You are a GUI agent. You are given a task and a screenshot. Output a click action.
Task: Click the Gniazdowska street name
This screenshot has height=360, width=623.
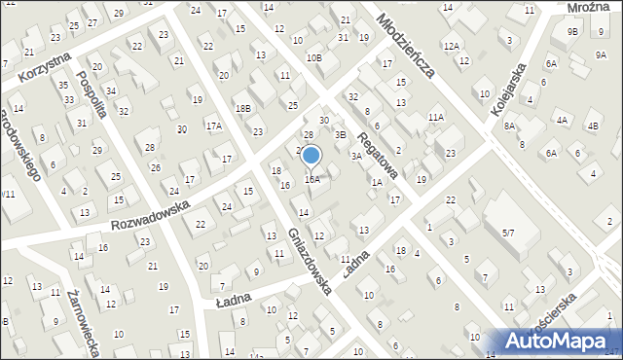[311, 259]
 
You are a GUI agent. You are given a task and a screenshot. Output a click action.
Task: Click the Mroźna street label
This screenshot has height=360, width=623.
[589, 8]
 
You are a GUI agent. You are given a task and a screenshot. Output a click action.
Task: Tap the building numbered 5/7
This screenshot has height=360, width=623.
[507, 233]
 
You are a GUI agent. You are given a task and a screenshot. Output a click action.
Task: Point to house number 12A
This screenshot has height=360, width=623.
[451, 47]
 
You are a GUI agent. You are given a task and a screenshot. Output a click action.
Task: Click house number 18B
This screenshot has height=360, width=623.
[242, 108]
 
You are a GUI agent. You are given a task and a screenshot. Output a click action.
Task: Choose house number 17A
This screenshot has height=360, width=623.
[213, 126]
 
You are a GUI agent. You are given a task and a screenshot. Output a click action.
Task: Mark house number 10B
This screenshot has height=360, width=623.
[313, 57]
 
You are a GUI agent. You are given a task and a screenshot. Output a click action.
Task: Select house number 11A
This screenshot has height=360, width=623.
[436, 117]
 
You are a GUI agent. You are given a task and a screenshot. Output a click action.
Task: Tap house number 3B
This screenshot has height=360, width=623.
[341, 134]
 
